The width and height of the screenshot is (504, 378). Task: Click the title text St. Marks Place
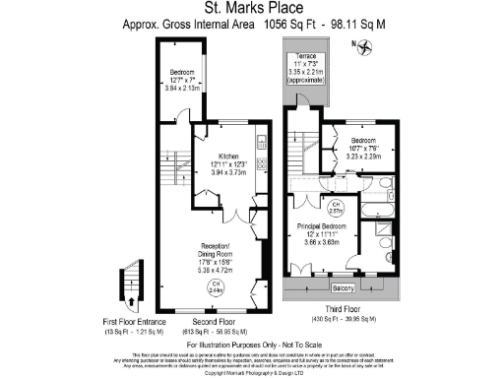pos(252,8)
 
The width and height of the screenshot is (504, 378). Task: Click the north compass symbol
pos(366,45)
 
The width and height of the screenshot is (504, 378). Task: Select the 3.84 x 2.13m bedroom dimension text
pos(184,88)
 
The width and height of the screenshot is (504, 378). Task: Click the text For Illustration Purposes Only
pos(252,336)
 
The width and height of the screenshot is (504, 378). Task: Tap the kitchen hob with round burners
pos(262,163)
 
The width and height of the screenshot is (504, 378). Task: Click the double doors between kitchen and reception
pos(236,216)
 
